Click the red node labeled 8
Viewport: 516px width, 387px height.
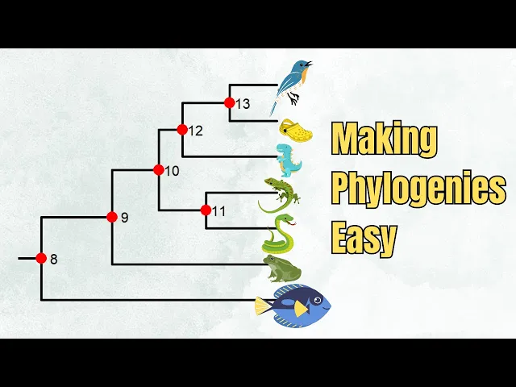[41, 259]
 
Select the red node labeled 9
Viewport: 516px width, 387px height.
[112, 216]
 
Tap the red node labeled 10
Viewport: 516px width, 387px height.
[159, 170]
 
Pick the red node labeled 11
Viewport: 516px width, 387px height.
[206, 210]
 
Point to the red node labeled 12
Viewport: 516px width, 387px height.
[182, 129]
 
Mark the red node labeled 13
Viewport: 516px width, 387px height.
[229, 102]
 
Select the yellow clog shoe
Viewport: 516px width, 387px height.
[296, 129]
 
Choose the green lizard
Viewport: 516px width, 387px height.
[279, 194]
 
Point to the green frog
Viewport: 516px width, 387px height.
[281, 269]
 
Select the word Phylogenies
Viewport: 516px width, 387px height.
[418, 189]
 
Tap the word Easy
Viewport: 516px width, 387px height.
[364, 237]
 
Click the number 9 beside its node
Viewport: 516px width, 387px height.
[124, 217]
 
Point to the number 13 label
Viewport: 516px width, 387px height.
[243, 103]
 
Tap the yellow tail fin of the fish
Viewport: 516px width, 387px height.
[262, 306]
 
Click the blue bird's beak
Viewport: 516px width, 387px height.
[308, 63]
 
